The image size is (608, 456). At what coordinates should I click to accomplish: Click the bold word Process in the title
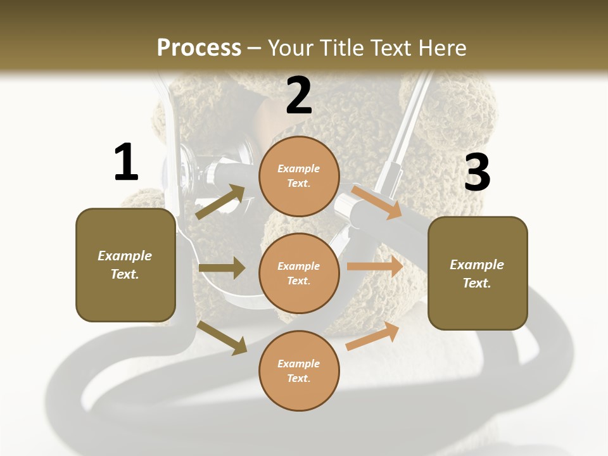199,47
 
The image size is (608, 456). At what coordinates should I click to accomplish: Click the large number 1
126,162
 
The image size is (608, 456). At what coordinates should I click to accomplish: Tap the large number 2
299,96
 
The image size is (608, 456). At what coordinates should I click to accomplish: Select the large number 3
477,172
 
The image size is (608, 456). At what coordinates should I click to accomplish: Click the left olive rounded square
125,265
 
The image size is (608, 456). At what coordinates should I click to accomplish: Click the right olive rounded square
478,273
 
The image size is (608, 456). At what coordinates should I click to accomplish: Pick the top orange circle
299,176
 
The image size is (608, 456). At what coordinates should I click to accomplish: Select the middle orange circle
299,273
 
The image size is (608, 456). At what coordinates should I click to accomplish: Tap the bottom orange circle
299,370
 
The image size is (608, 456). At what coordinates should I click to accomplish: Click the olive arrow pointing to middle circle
222,268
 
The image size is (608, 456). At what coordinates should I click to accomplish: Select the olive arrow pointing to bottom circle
222,338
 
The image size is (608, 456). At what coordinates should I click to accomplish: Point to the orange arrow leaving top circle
376,202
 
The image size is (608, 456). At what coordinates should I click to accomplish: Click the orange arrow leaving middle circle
374,266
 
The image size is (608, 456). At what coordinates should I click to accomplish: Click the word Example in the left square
125,256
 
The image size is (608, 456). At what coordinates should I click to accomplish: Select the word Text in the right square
476,283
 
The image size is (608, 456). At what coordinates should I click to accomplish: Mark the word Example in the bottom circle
298,364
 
